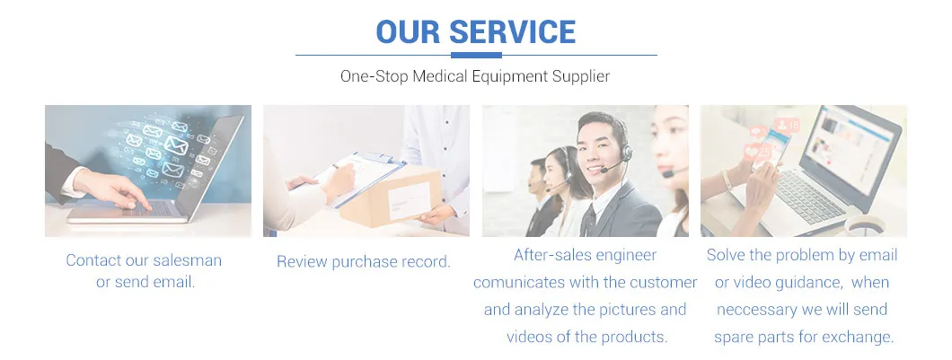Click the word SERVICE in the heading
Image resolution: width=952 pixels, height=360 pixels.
(x=513, y=31)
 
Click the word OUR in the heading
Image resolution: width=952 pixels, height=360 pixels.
(x=406, y=31)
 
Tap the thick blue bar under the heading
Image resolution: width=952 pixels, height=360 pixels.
(x=476, y=56)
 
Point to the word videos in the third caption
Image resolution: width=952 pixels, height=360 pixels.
(x=527, y=337)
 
